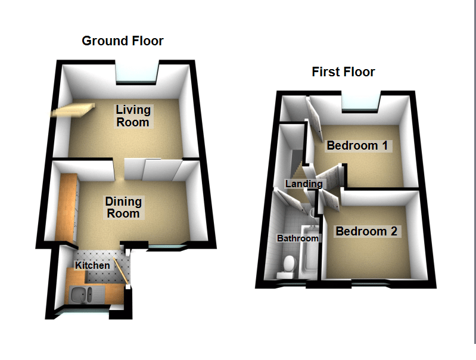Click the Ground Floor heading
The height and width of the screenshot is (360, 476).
[x=123, y=41]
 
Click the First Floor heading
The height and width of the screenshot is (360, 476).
[x=343, y=72]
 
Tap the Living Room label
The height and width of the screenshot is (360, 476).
[x=133, y=116]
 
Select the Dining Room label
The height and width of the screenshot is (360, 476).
[x=123, y=207]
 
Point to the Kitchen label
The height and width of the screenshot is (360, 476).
[x=92, y=265]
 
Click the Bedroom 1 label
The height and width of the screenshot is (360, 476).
[x=357, y=145]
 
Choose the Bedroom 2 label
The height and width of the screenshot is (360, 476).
[x=366, y=231]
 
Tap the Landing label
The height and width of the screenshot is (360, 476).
[x=304, y=184]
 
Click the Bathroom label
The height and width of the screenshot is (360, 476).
[x=298, y=238]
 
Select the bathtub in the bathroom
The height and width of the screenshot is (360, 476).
[x=309, y=252]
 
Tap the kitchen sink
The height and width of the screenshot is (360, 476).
[x=82, y=294]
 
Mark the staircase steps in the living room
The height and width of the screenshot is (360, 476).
[x=73, y=110]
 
